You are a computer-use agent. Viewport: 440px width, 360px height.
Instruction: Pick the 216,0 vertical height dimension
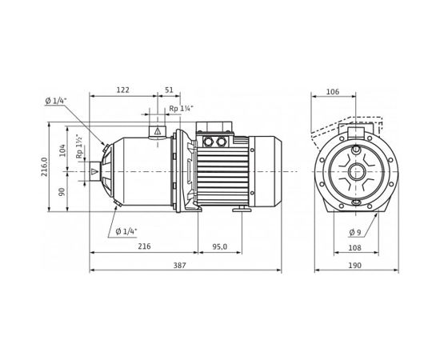pyautogui.click(x=45, y=168)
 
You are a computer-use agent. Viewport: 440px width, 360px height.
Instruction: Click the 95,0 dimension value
pyautogui.click(x=219, y=247)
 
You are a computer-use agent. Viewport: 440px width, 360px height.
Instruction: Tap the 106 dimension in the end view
pyautogui.click(x=333, y=92)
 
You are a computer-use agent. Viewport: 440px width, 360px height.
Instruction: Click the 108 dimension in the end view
pyautogui.click(x=354, y=248)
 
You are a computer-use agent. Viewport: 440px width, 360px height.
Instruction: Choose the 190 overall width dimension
pyautogui.click(x=354, y=265)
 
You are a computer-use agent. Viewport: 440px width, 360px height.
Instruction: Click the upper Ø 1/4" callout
pyautogui.click(x=55, y=101)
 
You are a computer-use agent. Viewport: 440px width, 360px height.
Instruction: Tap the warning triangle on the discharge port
pyautogui.click(x=158, y=130)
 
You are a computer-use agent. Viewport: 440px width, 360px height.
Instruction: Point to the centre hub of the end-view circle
pyautogui.click(x=354, y=170)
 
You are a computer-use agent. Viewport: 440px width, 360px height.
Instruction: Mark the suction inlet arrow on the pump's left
pyautogui.click(x=96, y=170)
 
